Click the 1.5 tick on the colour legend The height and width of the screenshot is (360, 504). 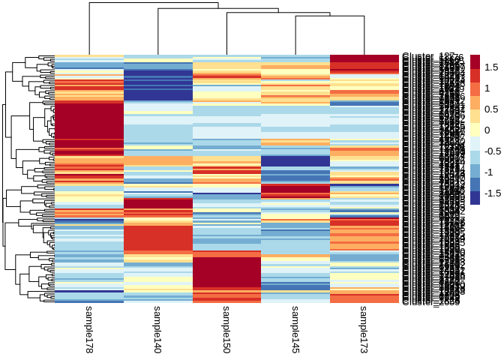(x=492, y=67)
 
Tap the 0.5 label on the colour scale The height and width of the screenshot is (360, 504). (x=492, y=109)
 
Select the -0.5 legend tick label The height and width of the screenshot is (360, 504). (x=493, y=151)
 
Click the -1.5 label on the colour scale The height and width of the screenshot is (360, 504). (x=493, y=193)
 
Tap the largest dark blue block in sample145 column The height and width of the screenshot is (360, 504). (x=295, y=161)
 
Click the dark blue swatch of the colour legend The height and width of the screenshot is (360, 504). (x=475, y=196)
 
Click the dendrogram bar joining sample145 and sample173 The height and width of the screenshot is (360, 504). (x=330, y=17)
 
